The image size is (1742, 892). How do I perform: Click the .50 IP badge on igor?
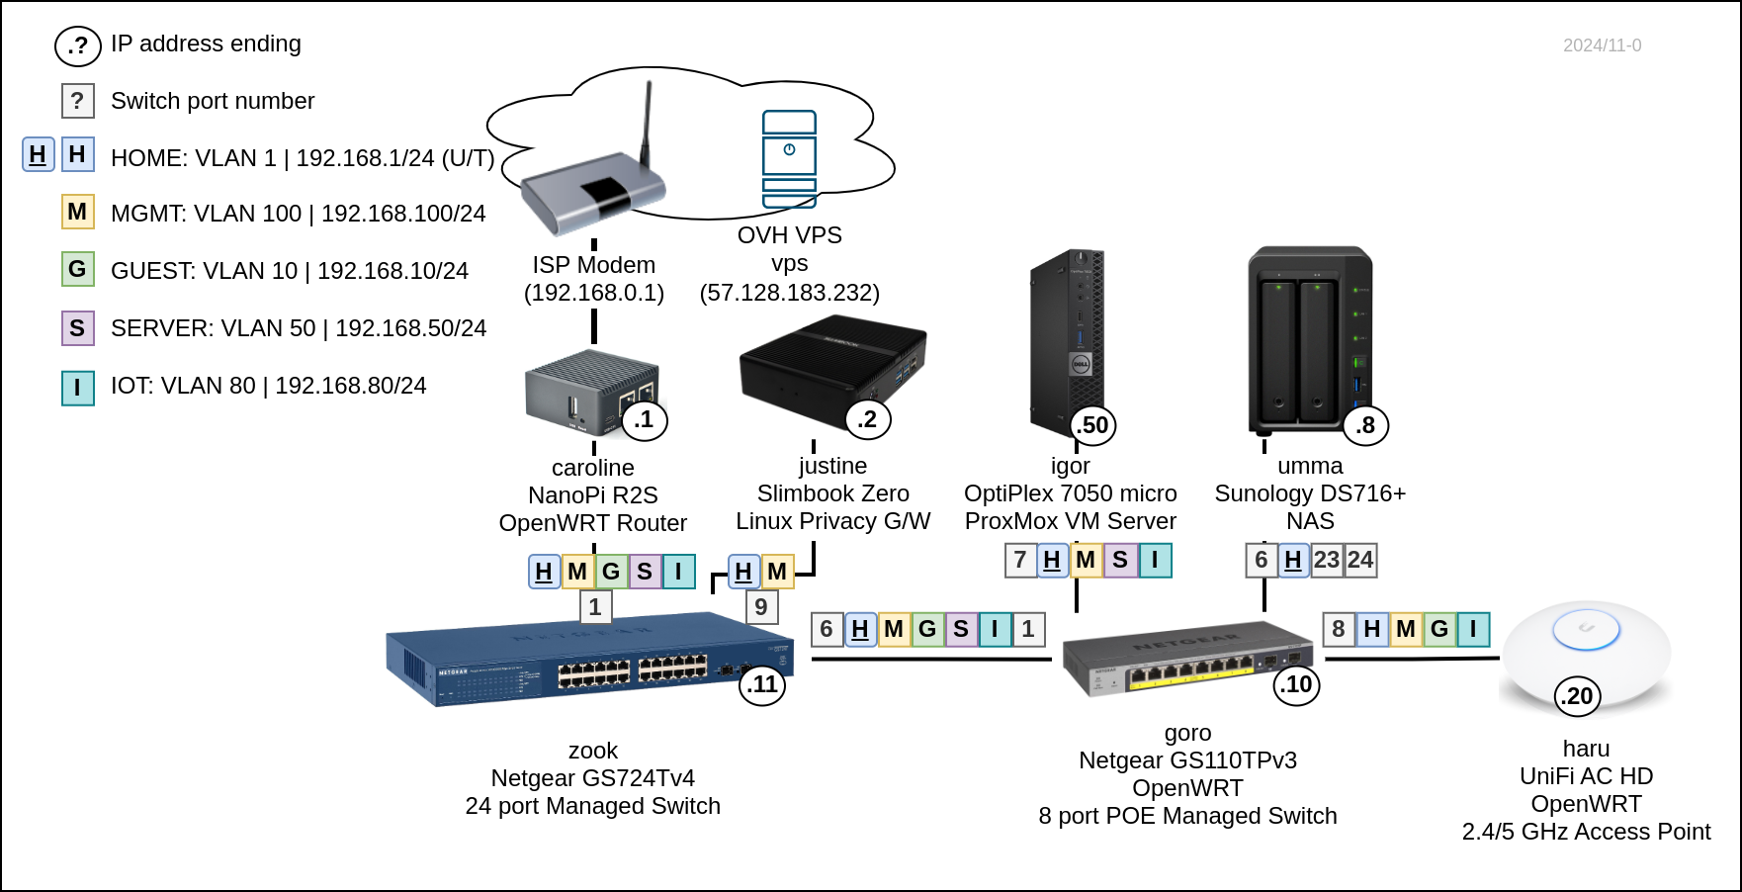coord(1092,425)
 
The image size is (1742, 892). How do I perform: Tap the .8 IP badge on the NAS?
coord(1365,425)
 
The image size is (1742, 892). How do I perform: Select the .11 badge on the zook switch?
coord(762,684)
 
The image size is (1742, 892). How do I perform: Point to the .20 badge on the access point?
coord(1578,696)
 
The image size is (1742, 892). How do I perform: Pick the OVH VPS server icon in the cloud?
coord(789,158)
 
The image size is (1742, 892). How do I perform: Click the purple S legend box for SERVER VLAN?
coord(77,328)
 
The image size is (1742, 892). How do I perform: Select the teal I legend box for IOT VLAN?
coord(77,387)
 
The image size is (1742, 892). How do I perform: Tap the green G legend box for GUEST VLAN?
coord(77,269)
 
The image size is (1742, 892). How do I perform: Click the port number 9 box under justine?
coord(761,607)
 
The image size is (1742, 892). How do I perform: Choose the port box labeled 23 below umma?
coord(1327,561)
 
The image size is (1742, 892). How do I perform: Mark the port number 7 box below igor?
coord(1020,561)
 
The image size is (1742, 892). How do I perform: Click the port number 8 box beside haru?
coord(1339,629)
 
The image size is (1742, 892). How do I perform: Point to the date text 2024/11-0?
coord(1602,45)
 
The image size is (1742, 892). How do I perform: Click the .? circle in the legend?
coord(77,45)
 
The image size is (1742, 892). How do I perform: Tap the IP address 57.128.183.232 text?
coord(789,293)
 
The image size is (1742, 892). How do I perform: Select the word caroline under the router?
coord(593,468)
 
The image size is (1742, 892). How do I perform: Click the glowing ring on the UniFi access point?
coord(1586,629)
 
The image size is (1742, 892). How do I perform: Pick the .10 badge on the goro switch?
coord(1297,684)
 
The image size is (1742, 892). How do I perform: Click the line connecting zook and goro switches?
coord(929,659)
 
